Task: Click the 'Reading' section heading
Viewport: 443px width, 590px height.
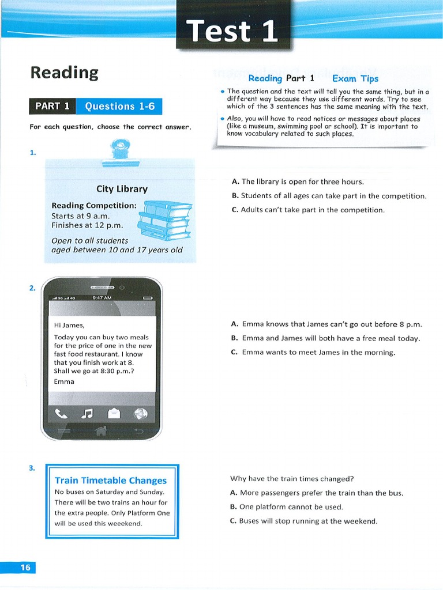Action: tap(64, 73)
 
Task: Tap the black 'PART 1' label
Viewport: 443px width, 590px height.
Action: tap(52, 106)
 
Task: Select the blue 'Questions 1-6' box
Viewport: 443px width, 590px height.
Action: tap(119, 106)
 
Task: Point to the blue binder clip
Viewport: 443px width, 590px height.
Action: tap(121, 149)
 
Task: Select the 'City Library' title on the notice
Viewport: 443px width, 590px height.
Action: tap(122, 189)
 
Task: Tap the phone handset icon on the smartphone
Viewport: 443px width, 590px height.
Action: tap(61, 413)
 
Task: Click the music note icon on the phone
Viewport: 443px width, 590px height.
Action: tap(87, 413)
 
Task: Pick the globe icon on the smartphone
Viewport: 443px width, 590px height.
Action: tap(140, 413)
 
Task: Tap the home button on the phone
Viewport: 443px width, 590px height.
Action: tap(101, 430)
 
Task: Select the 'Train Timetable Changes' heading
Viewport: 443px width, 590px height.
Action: tap(110, 480)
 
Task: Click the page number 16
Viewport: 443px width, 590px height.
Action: tap(25, 568)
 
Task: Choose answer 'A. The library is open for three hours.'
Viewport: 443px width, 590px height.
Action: tap(297, 181)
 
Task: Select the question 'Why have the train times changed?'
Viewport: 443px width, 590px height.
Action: tap(292, 478)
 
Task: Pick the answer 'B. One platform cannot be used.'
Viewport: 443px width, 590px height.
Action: tap(287, 507)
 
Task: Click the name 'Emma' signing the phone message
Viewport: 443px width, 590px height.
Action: tap(64, 381)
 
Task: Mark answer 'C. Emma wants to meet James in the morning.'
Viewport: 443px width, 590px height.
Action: tap(313, 352)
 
